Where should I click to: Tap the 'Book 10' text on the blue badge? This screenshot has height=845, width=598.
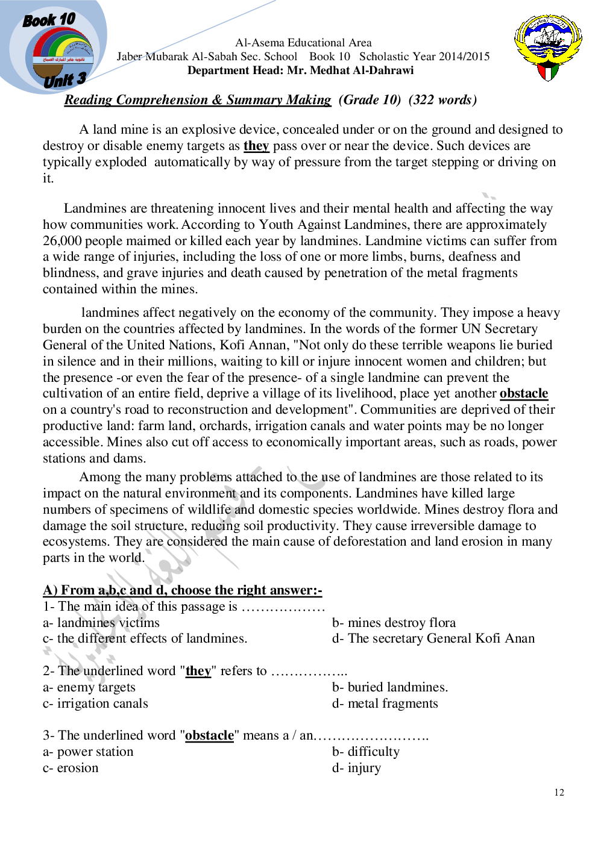pyautogui.click(x=49, y=20)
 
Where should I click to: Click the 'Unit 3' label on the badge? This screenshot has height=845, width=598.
pyautogui.click(x=64, y=80)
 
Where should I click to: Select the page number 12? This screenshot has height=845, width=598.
pyautogui.click(x=559, y=793)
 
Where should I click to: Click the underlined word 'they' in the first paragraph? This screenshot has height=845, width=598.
pyautogui.click(x=256, y=146)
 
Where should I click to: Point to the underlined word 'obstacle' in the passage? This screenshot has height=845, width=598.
pyautogui.click(x=523, y=393)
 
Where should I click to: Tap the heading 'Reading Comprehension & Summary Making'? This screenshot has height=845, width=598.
pyautogui.click(x=198, y=100)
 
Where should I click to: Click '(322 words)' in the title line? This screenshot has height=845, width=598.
pyautogui.click(x=442, y=100)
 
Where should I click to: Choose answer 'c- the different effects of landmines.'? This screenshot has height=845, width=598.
pyautogui.click(x=145, y=638)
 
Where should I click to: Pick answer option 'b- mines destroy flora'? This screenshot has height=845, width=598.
pyautogui.click(x=394, y=623)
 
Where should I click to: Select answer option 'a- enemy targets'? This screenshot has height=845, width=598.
pyautogui.click(x=89, y=687)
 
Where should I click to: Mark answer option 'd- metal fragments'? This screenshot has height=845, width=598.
pyautogui.click(x=385, y=703)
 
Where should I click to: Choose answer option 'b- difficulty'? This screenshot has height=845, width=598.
pyautogui.click(x=365, y=752)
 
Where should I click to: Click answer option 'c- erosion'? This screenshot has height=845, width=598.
pyautogui.click(x=71, y=768)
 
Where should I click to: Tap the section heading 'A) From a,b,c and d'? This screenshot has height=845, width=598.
pyautogui.click(x=182, y=590)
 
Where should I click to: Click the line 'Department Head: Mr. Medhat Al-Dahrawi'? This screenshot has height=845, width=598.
pyautogui.click(x=300, y=70)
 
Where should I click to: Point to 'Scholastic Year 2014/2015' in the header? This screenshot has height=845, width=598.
pyautogui.click(x=424, y=57)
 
